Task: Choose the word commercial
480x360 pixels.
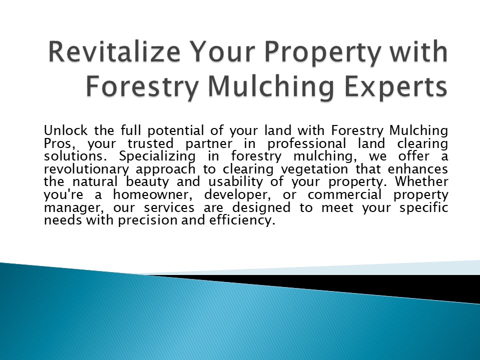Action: pyautogui.click(x=342, y=195)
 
